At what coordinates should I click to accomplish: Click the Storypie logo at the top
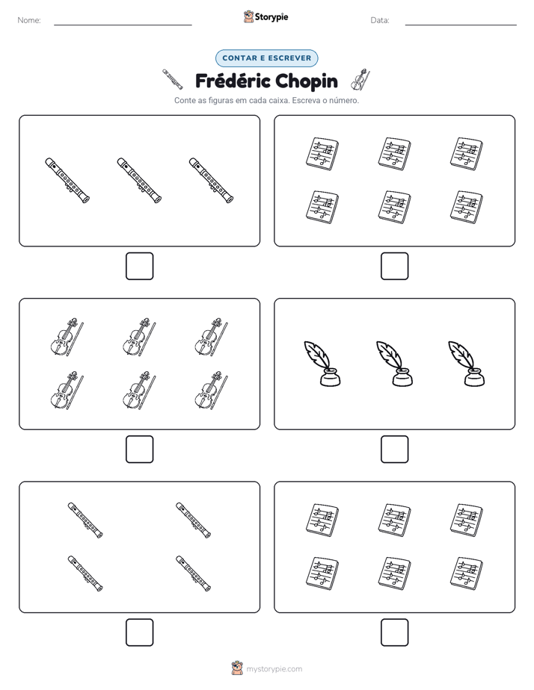266,16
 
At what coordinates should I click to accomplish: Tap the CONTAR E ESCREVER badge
266,58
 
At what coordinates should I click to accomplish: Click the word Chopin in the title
304,81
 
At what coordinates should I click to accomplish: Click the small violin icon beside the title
360,80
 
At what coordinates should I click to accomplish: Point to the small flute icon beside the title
172,79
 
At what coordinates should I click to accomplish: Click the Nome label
29,20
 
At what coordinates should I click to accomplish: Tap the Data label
380,20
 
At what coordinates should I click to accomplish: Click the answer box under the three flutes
139,267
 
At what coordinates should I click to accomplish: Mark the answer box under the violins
139,450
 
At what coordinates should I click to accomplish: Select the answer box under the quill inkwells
394,450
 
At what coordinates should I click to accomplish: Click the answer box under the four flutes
139,632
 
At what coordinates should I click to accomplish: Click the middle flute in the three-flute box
139,181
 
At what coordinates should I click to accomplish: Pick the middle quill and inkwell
394,364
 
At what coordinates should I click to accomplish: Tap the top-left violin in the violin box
67,337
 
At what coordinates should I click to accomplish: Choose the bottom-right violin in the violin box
212,391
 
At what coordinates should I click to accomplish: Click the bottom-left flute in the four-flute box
85,574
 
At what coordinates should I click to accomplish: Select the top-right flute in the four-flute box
194,520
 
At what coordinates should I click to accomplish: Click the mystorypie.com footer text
274,669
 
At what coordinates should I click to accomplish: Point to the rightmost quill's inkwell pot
474,378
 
